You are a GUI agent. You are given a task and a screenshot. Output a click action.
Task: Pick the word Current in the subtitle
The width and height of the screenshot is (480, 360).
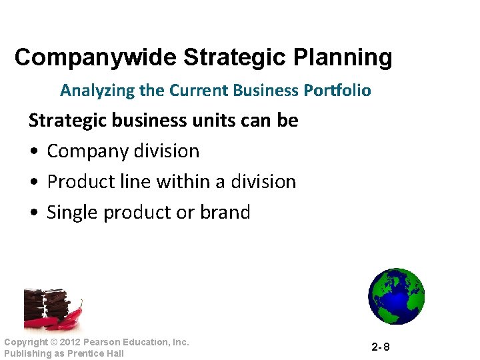click(195, 90)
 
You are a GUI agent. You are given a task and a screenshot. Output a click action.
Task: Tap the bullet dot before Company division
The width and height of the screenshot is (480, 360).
click(34, 151)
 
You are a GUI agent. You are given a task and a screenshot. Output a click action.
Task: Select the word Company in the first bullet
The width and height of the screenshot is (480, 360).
click(83, 151)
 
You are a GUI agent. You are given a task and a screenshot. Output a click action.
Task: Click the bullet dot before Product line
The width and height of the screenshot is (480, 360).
click(34, 182)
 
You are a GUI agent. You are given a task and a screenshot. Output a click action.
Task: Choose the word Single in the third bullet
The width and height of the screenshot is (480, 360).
click(73, 213)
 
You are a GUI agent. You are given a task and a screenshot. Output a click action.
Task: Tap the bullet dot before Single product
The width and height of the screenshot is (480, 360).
click(34, 213)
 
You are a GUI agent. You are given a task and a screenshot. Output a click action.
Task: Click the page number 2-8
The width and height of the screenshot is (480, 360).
click(381, 347)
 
